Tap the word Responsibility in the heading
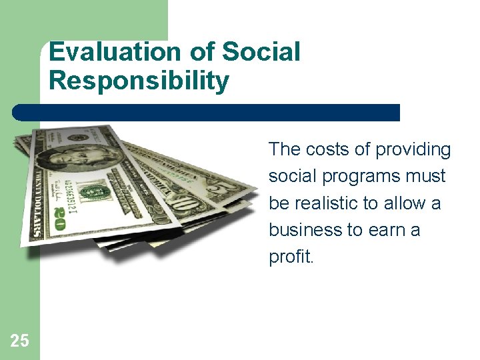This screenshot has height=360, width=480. [x=139, y=81]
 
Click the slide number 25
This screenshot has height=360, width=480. [x=19, y=341]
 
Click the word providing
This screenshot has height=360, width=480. [x=413, y=150]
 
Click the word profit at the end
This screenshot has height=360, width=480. [x=289, y=257]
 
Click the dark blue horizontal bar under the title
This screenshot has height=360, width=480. [x=207, y=112]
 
